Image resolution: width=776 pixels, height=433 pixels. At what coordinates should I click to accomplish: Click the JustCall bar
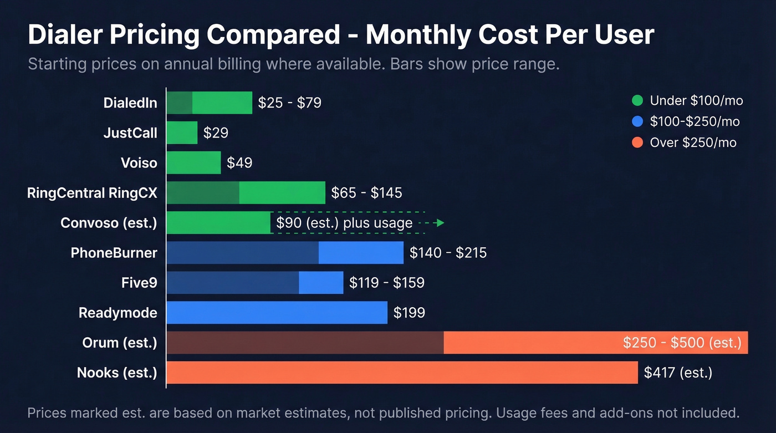coord(182,133)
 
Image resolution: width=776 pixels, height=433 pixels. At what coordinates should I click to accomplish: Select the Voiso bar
coord(193,163)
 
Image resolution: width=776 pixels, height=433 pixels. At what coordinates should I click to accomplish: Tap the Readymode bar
coord(277,313)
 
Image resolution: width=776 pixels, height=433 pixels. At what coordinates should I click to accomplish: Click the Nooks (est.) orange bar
coord(402,373)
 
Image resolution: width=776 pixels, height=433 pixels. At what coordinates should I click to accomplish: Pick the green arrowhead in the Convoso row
coord(440,223)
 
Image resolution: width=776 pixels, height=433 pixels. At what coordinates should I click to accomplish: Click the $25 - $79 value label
coord(290,103)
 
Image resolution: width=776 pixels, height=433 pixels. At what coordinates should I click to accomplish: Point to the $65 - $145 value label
coord(366,193)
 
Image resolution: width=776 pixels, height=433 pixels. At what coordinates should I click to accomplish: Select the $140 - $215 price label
coord(448,253)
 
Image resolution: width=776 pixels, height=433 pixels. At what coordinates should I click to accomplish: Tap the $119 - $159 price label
coord(386,283)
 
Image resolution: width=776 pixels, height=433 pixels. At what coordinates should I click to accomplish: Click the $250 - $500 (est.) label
coord(682,343)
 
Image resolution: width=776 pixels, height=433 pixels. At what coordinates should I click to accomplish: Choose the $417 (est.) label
coord(678,373)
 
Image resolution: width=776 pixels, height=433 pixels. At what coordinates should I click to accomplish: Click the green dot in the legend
coord(637,101)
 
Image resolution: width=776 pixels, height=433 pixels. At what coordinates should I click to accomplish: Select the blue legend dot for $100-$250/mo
coord(637,122)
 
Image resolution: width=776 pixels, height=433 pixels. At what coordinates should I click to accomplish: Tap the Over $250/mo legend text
coord(693,143)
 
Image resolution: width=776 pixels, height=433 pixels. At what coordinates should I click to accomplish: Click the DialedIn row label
coord(130,103)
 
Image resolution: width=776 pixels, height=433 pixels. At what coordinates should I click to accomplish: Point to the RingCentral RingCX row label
coord(92,193)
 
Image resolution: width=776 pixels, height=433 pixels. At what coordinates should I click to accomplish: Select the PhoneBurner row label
coord(114,253)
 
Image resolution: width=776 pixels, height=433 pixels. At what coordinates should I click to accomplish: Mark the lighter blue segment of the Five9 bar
coord(321,283)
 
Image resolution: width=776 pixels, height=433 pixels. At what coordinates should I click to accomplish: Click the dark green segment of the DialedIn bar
coord(179,103)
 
